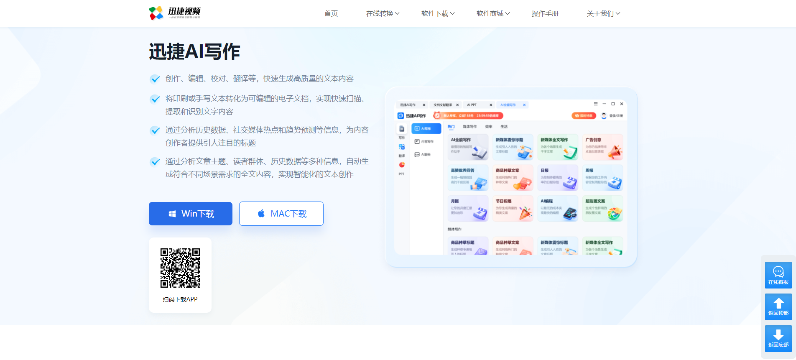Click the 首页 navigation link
point(331,13)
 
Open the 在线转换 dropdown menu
point(383,13)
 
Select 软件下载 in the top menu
point(438,13)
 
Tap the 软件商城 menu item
point(493,13)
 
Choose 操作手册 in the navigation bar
point(545,13)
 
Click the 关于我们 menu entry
point(603,13)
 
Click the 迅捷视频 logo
point(175,13)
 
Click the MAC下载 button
point(281,214)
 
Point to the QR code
point(180,268)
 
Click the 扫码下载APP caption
point(180,299)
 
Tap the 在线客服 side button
point(778,275)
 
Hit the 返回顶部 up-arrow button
point(778,307)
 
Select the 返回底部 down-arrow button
point(778,339)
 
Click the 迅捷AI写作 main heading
point(194,51)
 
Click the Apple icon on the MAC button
point(261,214)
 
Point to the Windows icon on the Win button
point(172,214)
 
